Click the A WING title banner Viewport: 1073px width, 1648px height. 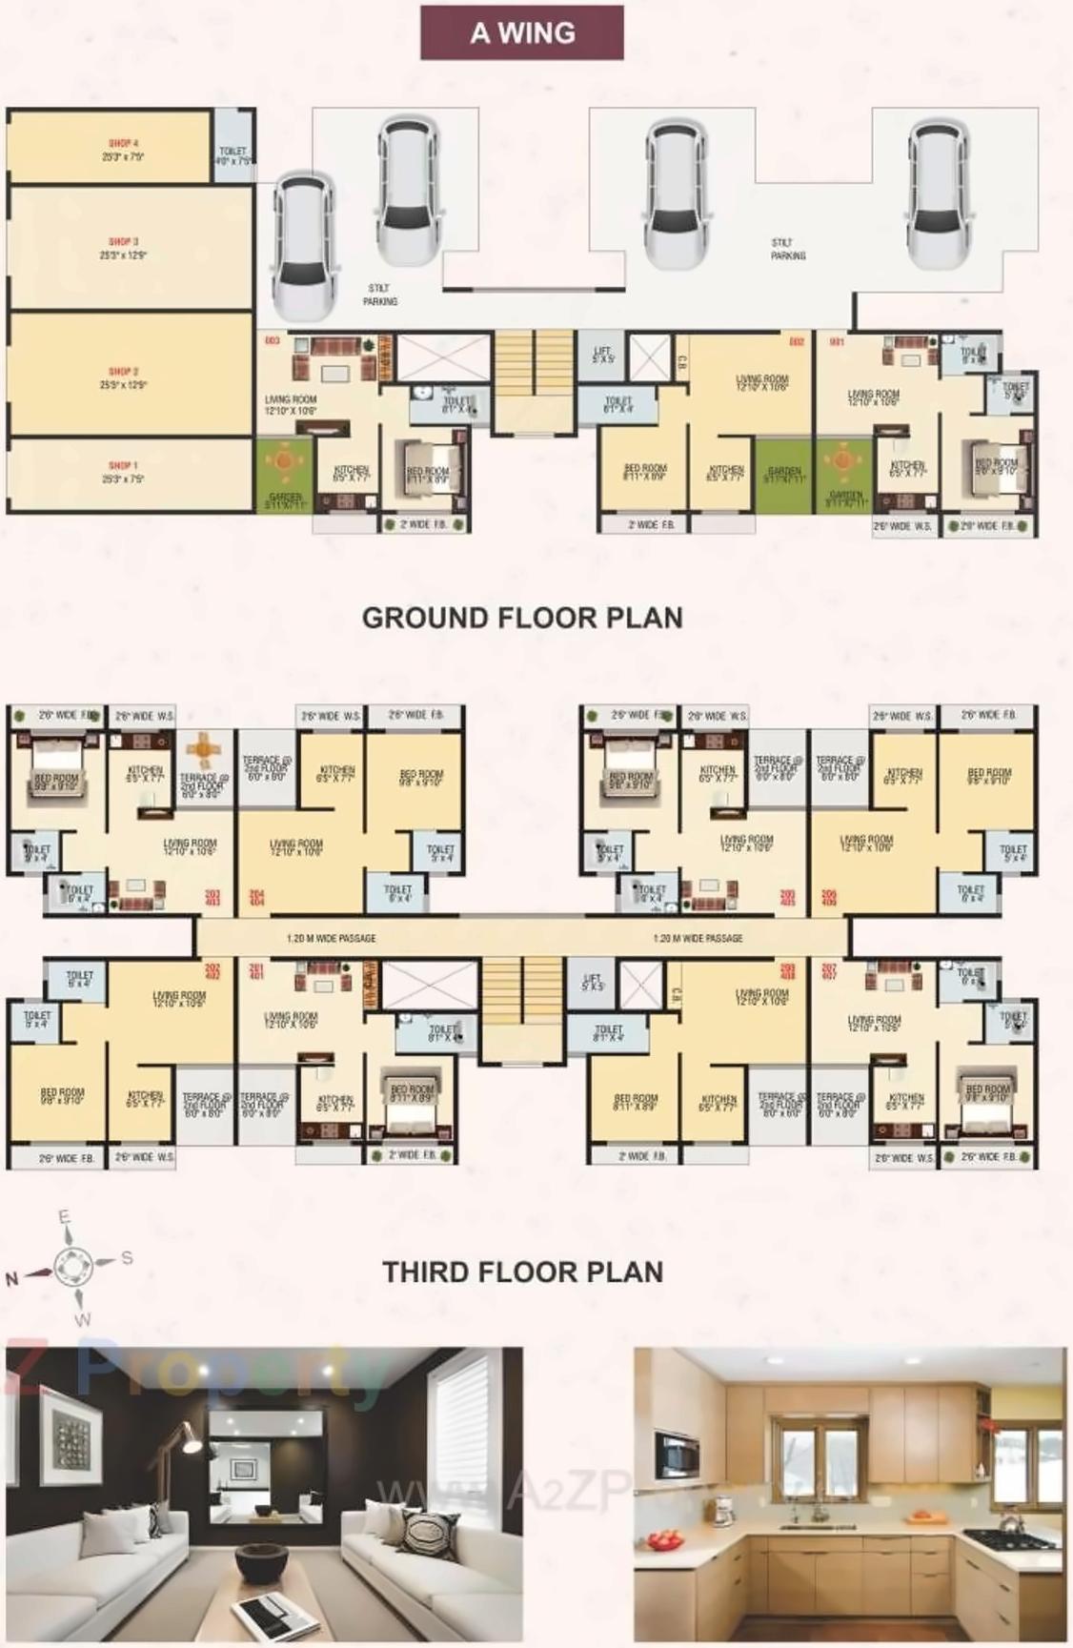(x=522, y=32)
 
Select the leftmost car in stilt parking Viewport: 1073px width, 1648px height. (x=303, y=246)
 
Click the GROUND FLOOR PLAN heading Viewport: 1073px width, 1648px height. (x=522, y=618)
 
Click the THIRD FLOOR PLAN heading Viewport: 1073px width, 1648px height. (x=522, y=1272)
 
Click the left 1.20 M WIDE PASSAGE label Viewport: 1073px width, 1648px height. (x=331, y=939)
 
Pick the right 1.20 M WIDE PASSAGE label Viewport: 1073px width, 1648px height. (x=698, y=939)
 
